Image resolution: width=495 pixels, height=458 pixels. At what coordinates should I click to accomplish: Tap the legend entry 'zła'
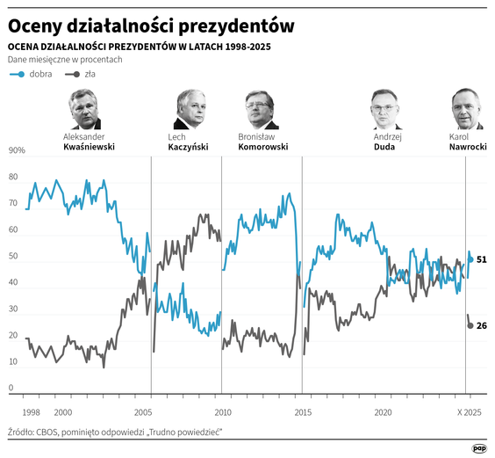click(x=90, y=74)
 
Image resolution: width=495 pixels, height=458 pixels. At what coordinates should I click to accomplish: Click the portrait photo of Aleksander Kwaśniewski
click(x=84, y=109)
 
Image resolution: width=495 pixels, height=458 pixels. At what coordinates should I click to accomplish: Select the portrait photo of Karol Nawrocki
click(x=466, y=109)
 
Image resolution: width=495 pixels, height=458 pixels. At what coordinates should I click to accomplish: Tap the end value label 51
click(x=482, y=260)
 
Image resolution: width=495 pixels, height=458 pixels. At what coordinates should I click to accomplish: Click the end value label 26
click(x=482, y=326)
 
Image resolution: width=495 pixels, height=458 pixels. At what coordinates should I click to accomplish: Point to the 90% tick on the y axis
click(x=17, y=150)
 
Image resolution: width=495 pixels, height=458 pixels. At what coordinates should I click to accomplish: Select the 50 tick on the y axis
click(x=12, y=257)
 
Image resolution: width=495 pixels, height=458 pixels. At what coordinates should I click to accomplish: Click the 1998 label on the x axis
click(x=31, y=411)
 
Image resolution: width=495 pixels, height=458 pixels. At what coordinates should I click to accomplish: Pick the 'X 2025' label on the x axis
click(x=470, y=411)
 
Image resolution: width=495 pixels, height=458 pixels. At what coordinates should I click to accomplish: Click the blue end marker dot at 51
click(x=470, y=259)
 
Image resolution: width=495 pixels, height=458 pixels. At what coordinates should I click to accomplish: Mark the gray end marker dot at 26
click(x=470, y=326)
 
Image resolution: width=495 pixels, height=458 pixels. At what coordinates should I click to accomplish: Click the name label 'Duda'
click(x=384, y=148)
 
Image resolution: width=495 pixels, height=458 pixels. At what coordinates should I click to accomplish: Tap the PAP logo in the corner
click(x=479, y=447)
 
